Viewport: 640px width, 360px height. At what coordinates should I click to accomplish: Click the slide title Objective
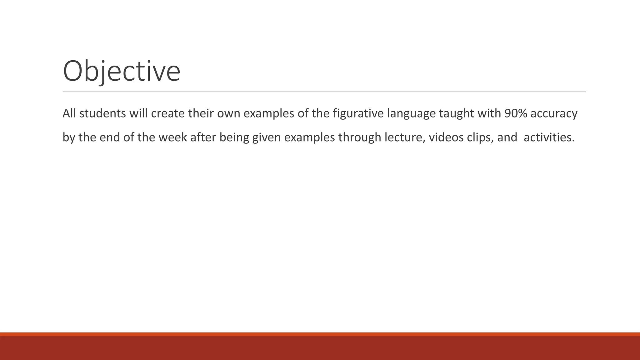[122, 71]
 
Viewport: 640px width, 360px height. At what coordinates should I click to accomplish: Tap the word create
[168, 113]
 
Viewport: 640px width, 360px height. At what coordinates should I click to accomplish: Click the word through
[360, 137]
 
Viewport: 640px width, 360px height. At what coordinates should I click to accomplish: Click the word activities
[549, 137]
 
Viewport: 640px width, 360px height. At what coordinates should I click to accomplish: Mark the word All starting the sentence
[69, 113]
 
